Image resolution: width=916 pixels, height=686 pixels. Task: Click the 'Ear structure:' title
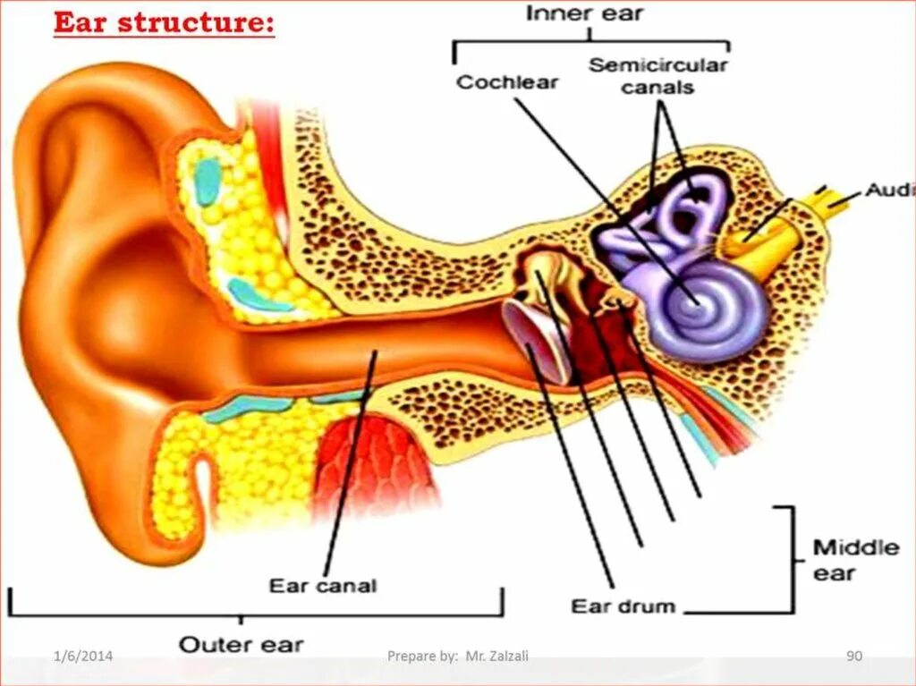pos(164,23)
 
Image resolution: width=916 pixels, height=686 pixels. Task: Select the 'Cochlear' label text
pos(507,82)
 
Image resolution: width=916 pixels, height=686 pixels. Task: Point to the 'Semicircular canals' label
pos(657,76)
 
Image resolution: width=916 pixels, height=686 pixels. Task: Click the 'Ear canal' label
pos(323,586)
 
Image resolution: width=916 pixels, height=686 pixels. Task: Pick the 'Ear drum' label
pos(623,606)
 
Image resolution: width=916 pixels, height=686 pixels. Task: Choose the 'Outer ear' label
pos(241,644)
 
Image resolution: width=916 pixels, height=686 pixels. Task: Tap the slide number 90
pos(853,656)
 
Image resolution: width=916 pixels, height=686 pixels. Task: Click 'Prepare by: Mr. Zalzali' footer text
pos(457,656)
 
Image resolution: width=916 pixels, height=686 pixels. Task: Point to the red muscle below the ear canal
pos(376,465)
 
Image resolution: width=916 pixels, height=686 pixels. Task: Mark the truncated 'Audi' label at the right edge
pos(889,191)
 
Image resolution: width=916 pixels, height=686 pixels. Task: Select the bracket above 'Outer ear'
pos(255,613)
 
